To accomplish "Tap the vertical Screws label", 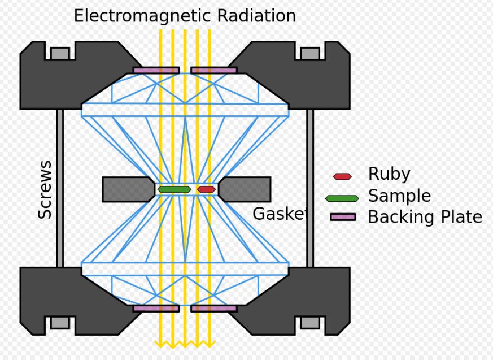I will coord(45,190).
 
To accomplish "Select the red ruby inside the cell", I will coord(206,189).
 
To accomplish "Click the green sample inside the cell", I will coord(174,189).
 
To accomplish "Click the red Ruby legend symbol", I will coord(342,176).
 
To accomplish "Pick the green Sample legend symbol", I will coord(342,198).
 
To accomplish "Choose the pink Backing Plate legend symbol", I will coord(343,216).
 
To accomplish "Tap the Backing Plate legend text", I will coord(425,217).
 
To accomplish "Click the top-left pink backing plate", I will coord(156,71).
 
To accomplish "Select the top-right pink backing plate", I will coord(214,71).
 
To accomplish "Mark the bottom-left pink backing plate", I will coord(156,309).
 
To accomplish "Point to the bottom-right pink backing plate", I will coord(214,309).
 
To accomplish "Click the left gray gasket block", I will coord(128,189).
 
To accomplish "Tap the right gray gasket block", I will coord(245,189).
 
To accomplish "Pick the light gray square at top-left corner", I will coord(60,54).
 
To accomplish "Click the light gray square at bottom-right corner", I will coord(310,323).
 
